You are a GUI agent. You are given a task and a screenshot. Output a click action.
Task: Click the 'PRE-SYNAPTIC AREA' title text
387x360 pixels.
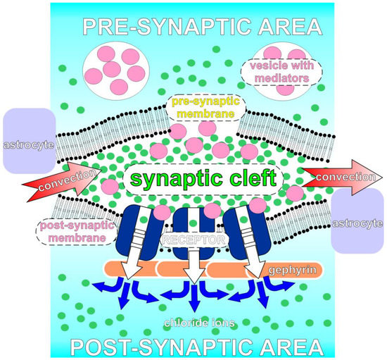pos(201,27)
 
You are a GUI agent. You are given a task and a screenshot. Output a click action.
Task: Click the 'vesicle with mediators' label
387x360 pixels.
pos(279,70)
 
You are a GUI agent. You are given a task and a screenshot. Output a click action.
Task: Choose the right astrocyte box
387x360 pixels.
pos(360,223)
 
